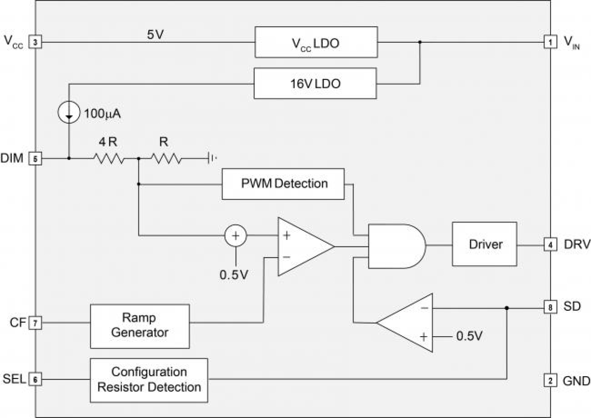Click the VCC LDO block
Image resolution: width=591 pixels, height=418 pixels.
click(316, 43)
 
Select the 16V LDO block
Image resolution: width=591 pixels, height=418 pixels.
click(315, 83)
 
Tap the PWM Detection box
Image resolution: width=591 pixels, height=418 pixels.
click(283, 183)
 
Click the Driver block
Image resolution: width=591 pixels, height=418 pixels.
click(484, 244)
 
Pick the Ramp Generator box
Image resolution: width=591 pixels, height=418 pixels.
click(140, 326)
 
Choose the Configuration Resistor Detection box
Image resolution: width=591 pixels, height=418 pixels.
click(149, 380)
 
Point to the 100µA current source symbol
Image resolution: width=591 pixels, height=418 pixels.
click(69, 113)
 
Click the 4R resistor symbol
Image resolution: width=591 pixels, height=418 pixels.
click(109, 159)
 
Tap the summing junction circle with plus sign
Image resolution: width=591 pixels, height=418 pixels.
click(235, 235)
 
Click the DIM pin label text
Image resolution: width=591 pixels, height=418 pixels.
click(12, 158)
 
